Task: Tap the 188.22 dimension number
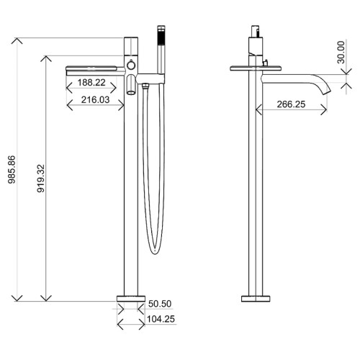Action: click(x=93, y=84)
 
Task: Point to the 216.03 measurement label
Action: click(x=93, y=102)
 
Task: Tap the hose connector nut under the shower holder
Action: click(x=145, y=88)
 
